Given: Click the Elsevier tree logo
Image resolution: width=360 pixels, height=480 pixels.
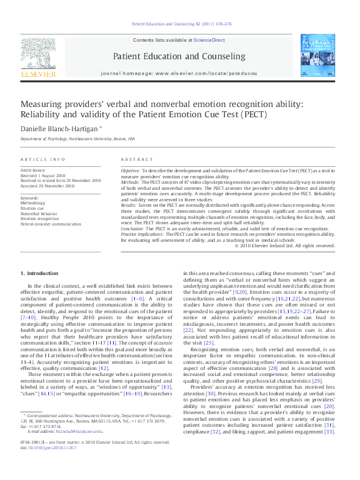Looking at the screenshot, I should point(39,55).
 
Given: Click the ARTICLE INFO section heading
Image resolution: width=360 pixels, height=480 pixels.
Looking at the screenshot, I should point(43,159).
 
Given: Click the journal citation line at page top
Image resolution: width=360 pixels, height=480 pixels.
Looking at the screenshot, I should point(180,24).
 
